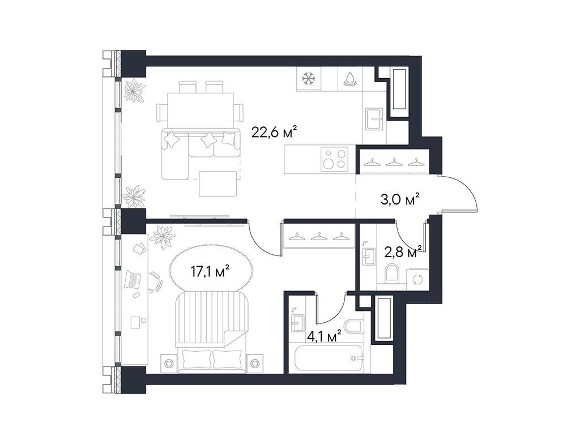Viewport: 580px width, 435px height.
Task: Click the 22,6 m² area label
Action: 274,133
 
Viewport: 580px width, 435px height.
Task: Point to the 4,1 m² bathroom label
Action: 323,336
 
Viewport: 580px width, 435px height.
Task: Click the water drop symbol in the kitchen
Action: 351,79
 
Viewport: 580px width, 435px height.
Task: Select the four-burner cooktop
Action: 334,158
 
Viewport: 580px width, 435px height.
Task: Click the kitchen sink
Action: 374,120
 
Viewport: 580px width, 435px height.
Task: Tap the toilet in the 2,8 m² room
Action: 392,275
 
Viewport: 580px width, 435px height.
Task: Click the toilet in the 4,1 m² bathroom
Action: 353,328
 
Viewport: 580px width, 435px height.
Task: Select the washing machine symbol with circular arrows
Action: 417,278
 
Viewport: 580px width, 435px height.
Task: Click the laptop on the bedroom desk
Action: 134,279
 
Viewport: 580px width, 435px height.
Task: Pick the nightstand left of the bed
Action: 167,362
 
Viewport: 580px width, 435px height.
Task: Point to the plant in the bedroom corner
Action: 163,236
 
